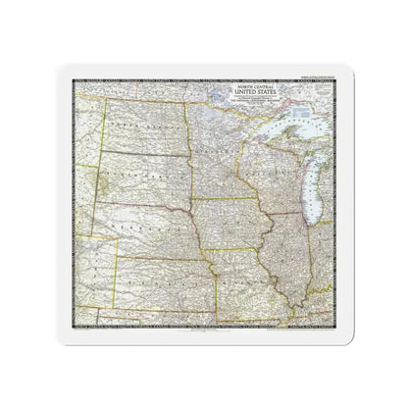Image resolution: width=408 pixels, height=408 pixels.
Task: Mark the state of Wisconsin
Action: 263,177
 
